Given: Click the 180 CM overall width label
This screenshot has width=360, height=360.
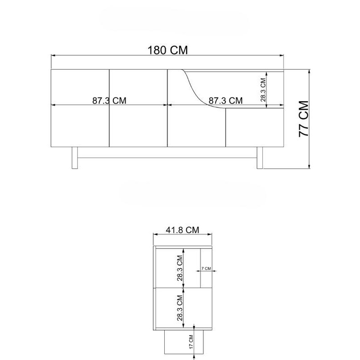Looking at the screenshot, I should click(168, 49).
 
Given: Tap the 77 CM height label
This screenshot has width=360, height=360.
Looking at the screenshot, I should click(303, 119).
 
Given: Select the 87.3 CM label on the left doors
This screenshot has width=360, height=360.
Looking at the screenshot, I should click(109, 100).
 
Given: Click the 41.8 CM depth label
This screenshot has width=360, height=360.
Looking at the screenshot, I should click(182, 229).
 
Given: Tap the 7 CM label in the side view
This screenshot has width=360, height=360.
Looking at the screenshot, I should click(206, 268).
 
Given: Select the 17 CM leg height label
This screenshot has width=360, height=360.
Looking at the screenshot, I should click(190, 342).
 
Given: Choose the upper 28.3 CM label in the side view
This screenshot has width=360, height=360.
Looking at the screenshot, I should click(180, 268).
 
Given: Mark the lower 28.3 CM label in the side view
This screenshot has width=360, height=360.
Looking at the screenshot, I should click(180, 307).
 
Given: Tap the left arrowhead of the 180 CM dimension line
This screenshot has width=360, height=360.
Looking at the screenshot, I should click(53, 55).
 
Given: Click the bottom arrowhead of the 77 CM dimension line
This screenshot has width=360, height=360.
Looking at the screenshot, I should click(310, 166).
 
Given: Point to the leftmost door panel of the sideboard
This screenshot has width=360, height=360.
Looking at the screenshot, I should click(80, 108).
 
